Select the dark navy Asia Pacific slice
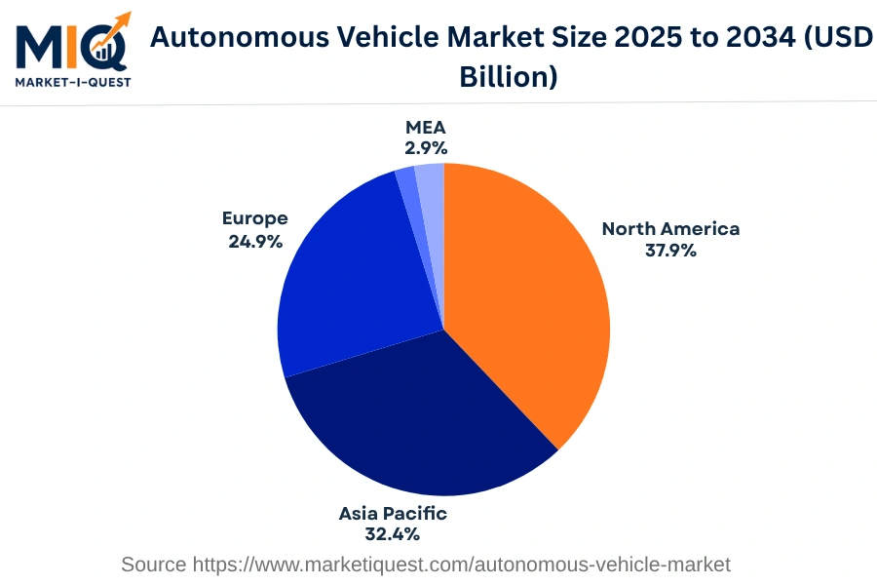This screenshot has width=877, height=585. (x=419, y=419)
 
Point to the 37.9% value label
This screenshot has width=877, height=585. (x=670, y=251)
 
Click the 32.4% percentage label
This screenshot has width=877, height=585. (x=393, y=534)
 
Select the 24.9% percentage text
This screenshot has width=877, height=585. (x=255, y=241)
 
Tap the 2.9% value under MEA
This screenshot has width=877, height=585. (x=426, y=148)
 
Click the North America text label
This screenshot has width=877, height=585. (x=670, y=229)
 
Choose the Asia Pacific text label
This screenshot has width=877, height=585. (x=393, y=513)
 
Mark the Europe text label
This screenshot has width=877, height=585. (x=255, y=218)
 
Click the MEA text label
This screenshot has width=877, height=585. (x=426, y=128)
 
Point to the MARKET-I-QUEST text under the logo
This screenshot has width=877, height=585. (x=72, y=82)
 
